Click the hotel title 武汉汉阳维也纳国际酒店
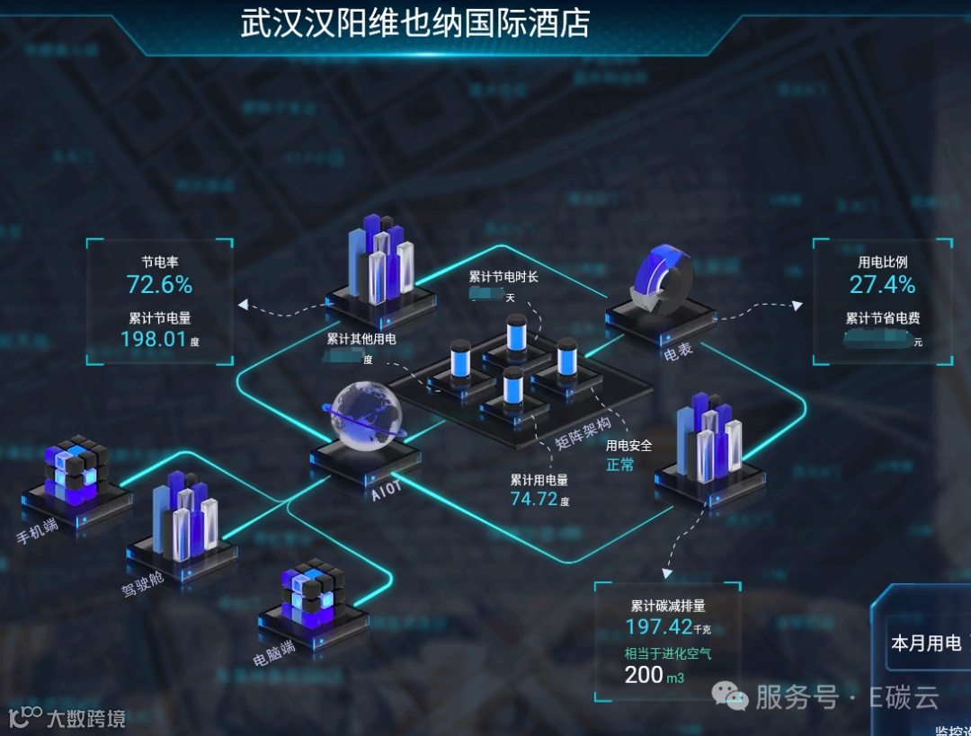(x=415, y=23)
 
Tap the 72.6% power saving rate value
(x=159, y=285)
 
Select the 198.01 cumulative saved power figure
(x=154, y=339)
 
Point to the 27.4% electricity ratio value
(x=882, y=285)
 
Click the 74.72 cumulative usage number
(x=534, y=499)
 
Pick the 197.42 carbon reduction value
(x=659, y=626)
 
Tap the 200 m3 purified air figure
(x=654, y=675)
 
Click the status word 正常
(x=620, y=465)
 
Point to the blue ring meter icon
(x=662, y=278)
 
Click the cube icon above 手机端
(x=76, y=468)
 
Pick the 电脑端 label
(x=274, y=653)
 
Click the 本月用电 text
(x=925, y=643)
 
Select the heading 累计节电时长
(x=503, y=277)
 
